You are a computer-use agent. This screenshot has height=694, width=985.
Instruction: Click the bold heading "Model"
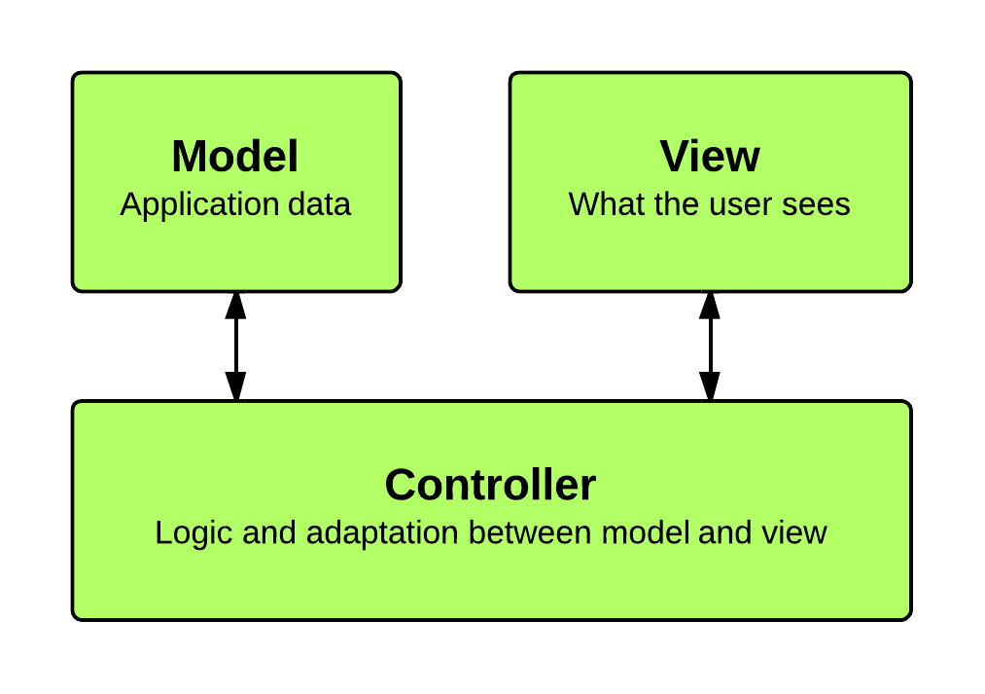pos(234,156)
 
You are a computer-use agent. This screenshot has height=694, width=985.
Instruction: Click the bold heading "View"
pos(710,156)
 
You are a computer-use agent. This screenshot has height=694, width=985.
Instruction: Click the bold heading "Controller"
pos(490,485)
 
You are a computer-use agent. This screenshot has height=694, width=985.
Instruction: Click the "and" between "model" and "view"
pos(725,533)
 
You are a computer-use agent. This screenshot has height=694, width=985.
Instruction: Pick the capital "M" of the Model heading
pos(189,156)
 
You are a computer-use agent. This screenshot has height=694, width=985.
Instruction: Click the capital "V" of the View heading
pos(674,156)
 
